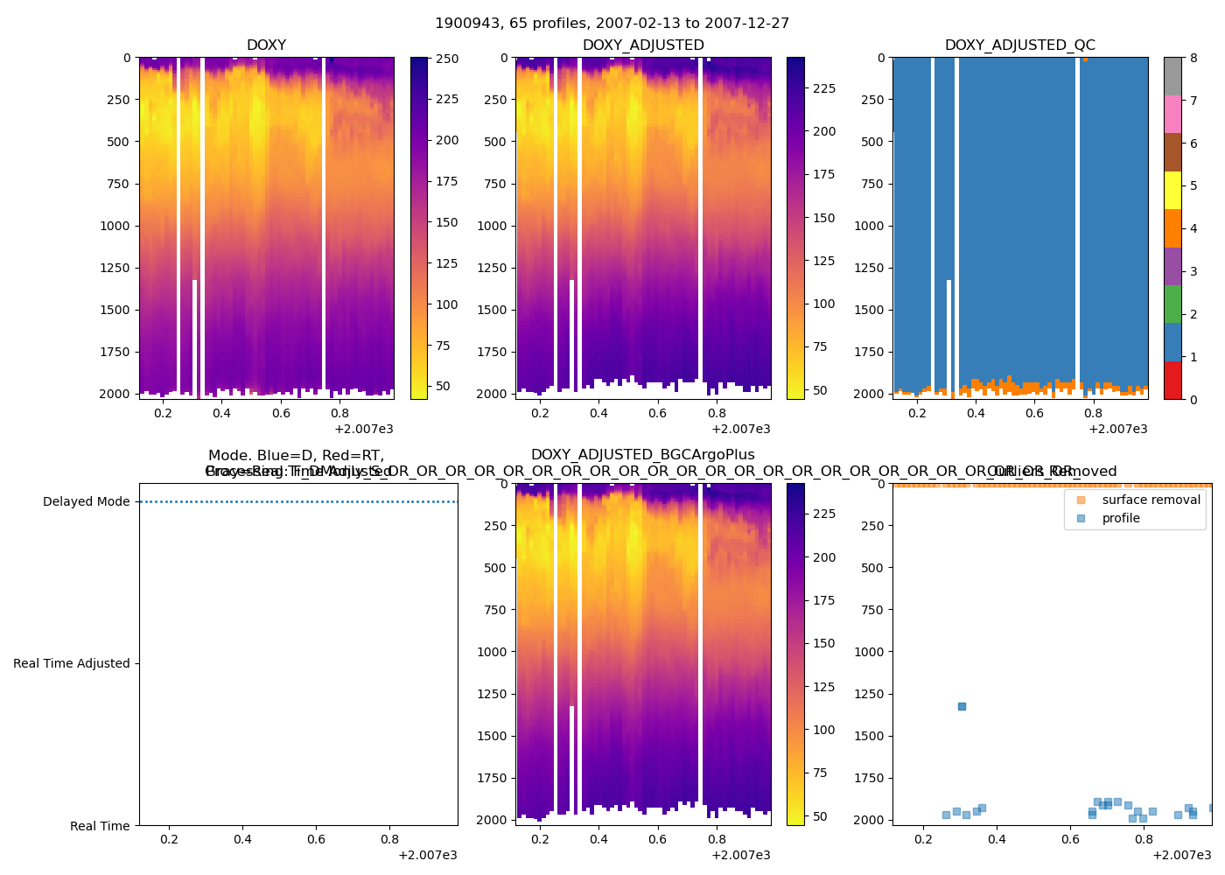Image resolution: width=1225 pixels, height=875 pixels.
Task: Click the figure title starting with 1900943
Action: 612,24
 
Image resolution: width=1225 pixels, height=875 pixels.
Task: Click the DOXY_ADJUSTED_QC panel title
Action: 1019,45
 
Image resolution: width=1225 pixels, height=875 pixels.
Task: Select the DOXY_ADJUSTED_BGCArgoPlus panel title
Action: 642,455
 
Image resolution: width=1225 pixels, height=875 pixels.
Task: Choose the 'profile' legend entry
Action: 1121,518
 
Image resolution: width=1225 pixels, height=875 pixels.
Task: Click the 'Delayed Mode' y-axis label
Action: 86,502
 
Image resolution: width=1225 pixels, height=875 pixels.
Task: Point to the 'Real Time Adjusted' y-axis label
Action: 72,664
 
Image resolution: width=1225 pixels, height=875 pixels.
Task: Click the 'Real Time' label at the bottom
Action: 100,826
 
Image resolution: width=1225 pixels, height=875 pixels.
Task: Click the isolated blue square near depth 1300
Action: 962,706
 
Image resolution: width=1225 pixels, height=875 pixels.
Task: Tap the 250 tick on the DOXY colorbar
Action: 447,59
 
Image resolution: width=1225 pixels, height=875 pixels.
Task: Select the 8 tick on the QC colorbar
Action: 1193,59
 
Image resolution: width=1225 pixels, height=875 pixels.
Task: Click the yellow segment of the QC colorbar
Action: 1172,191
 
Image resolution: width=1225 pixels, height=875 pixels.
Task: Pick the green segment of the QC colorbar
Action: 1172,304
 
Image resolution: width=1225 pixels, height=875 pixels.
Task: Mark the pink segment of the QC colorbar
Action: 1172,115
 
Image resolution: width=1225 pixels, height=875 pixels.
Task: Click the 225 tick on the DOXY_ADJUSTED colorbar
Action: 823,88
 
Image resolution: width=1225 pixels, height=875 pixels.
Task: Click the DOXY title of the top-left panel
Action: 266,45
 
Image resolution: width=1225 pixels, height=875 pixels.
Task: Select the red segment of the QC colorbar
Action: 1172,381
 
